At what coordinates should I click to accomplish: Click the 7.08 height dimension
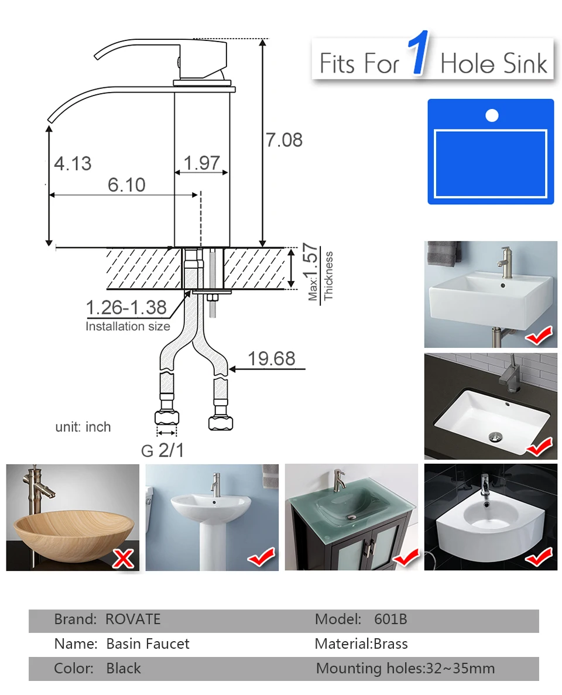point(284,140)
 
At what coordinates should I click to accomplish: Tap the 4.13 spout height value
point(73,163)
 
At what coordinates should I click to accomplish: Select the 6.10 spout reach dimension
point(127,185)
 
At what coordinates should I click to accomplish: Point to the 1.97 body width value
point(202,163)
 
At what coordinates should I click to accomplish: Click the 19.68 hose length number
point(271,358)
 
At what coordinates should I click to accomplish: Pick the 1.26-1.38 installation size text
point(126,307)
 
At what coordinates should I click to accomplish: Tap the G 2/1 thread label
point(162,450)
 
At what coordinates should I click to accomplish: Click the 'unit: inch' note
point(83,427)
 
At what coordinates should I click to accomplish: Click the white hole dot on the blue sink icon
point(492,115)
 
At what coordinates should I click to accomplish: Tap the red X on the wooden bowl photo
point(123,559)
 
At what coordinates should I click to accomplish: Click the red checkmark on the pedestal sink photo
point(262,557)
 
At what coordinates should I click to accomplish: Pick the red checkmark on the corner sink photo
point(539,557)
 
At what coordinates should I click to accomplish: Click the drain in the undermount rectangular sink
point(495,437)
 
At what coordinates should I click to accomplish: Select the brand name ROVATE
point(133,619)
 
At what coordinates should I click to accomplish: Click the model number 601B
point(390,619)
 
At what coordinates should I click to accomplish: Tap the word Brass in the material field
point(391,643)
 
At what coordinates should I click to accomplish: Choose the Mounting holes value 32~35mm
point(460,669)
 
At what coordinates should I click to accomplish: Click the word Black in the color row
point(123,669)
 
